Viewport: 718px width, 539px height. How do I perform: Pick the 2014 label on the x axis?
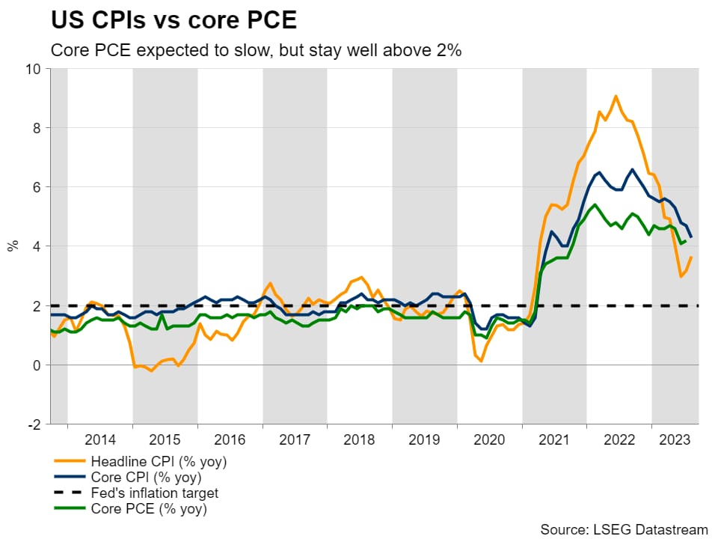99,439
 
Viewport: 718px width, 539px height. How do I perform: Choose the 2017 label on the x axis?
295,439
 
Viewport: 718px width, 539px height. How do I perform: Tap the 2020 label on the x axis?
490,439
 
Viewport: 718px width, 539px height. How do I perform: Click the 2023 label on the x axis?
675,439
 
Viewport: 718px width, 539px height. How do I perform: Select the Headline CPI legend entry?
158,461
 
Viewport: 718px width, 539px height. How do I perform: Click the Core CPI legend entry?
146,477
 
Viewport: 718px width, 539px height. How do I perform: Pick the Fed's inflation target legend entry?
154,493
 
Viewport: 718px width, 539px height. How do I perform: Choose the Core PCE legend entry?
147,510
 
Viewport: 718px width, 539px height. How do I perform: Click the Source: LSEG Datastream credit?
625,529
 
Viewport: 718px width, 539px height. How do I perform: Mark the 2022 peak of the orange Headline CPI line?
616,96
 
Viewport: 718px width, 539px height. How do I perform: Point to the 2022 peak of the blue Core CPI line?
633,169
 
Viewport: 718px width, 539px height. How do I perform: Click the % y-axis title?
13,246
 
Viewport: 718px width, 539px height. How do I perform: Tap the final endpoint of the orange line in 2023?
691,258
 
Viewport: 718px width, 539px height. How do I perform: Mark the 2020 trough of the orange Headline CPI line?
480,362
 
